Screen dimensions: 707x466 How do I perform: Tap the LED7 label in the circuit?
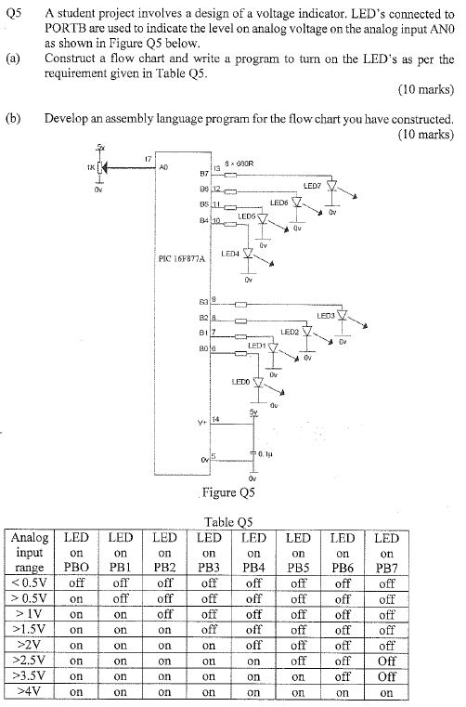312,186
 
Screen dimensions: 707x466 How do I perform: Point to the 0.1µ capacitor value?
265,454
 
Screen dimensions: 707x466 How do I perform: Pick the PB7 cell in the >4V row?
386,692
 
